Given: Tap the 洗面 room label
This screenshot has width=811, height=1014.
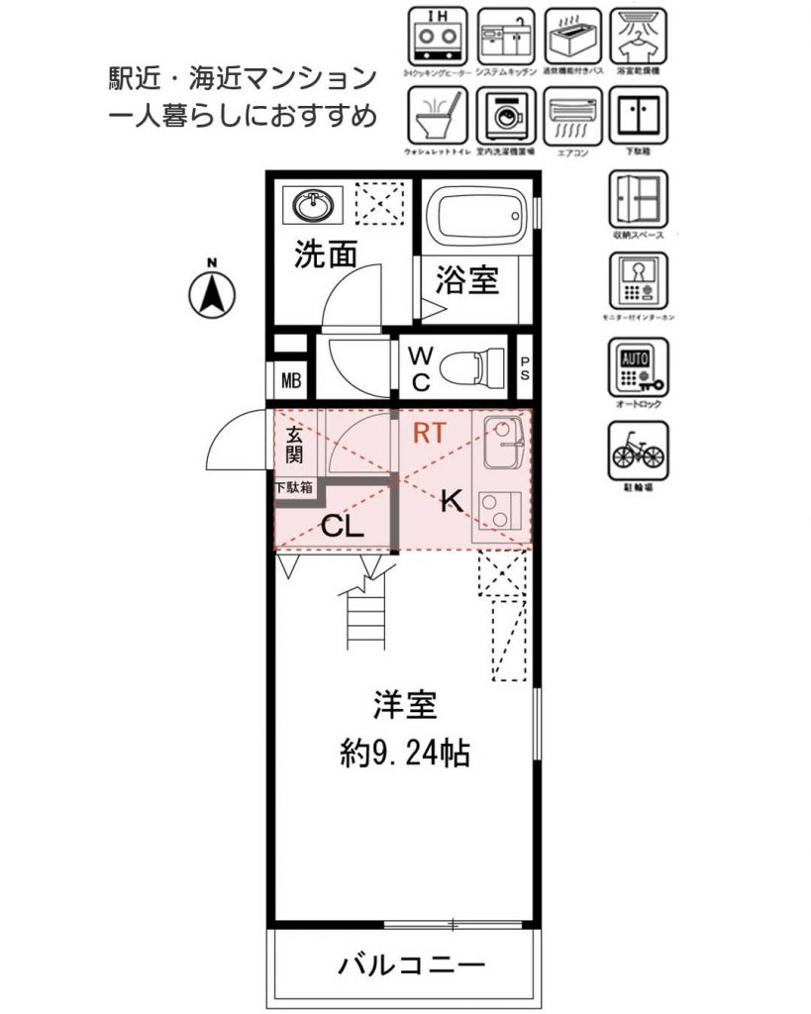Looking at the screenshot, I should [x=325, y=255].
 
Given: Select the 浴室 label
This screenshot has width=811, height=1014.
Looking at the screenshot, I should [x=465, y=280].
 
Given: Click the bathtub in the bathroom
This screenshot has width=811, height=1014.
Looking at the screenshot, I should [x=473, y=216].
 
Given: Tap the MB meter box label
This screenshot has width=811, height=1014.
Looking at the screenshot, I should [x=290, y=380].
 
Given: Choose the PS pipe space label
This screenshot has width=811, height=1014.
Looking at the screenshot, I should [x=525, y=368].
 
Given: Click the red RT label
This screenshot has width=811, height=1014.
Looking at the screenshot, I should [x=429, y=432].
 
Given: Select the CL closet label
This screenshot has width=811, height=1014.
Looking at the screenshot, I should [x=343, y=526].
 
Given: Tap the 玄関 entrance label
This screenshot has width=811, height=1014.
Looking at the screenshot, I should [x=295, y=444].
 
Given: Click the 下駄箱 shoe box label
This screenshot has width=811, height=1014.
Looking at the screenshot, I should [x=294, y=487].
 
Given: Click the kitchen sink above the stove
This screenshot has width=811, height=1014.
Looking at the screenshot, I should [x=502, y=432].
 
